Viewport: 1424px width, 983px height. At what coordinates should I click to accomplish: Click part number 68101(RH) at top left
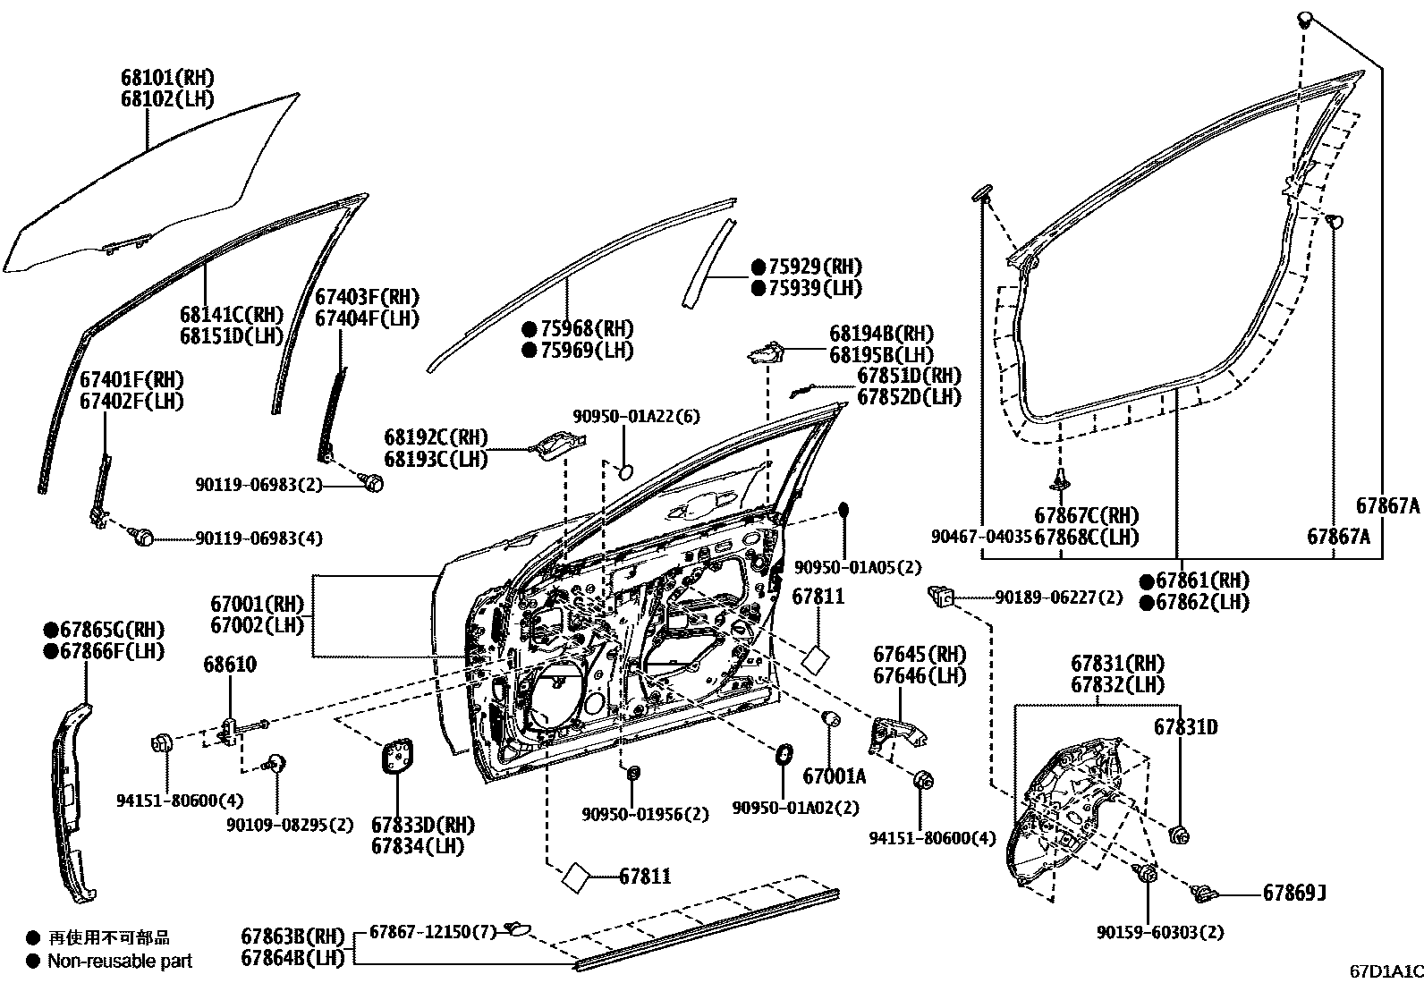click(x=168, y=78)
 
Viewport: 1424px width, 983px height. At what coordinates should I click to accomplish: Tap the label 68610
click(x=230, y=665)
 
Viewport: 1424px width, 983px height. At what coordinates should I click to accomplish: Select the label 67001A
click(x=834, y=776)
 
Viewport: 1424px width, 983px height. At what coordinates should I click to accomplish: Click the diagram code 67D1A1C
click(x=1386, y=971)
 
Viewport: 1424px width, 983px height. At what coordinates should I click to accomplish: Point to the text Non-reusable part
click(x=120, y=962)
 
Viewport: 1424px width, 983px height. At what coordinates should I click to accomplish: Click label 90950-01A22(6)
click(x=636, y=417)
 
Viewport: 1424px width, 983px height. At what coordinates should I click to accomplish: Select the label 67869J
click(x=1293, y=893)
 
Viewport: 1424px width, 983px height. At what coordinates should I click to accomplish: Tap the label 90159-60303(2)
click(x=1159, y=932)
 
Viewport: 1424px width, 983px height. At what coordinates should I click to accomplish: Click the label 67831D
click(x=1185, y=727)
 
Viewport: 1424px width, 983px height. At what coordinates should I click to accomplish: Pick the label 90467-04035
click(x=981, y=537)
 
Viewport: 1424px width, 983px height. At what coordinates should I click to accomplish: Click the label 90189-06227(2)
click(x=1059, y=597)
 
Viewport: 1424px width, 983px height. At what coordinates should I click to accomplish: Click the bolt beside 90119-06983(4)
click(x=142, y=537)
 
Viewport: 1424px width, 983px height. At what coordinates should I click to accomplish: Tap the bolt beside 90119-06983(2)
click(x=374, y=483)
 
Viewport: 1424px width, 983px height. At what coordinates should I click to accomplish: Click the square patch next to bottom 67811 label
click(x=576, y=877)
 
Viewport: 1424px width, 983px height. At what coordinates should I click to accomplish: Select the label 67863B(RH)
click(x=292, y=937)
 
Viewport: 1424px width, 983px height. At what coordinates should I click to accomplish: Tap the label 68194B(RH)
click(x=881, y=333)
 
